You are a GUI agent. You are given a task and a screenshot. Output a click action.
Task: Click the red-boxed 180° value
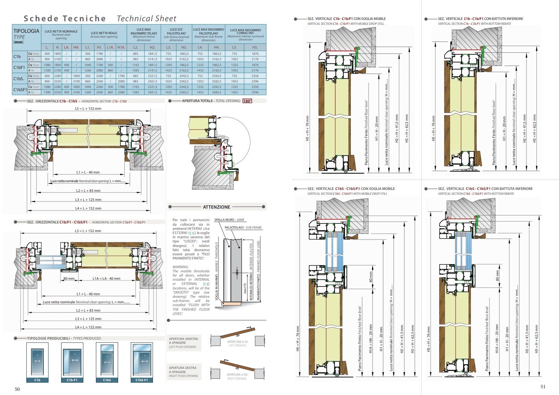pos(247,101)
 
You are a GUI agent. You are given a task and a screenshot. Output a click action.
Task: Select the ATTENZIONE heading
pos(216,207)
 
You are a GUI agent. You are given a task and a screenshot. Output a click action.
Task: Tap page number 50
pos(17,389)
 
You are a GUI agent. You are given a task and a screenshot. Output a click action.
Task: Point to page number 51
pos(543,387)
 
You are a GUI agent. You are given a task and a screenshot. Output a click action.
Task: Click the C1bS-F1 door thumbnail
pos(142,360)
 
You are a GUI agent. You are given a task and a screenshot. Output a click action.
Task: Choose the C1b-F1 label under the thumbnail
pos(72,380)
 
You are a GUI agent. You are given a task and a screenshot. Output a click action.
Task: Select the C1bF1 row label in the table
pos(19,68)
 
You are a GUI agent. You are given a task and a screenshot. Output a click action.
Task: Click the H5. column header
pos(255,47)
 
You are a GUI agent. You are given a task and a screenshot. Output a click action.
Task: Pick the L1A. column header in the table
pos(110,47)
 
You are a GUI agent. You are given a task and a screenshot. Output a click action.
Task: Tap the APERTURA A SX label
pos(238,342)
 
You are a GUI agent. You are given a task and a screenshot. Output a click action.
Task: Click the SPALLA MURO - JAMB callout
pos(229,220)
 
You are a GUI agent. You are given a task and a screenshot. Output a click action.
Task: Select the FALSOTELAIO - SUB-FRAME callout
pos(243,228)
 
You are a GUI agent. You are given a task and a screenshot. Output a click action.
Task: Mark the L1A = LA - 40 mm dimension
pos(107,278)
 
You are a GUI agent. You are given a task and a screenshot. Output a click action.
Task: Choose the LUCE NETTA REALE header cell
pos(104,34)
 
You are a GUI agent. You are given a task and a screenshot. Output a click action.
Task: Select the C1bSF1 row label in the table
pos(20,90)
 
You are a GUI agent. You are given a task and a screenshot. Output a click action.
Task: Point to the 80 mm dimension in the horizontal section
pos(69,278)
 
